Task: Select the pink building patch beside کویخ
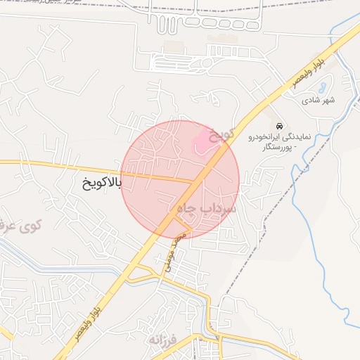(x=202, y=141)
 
